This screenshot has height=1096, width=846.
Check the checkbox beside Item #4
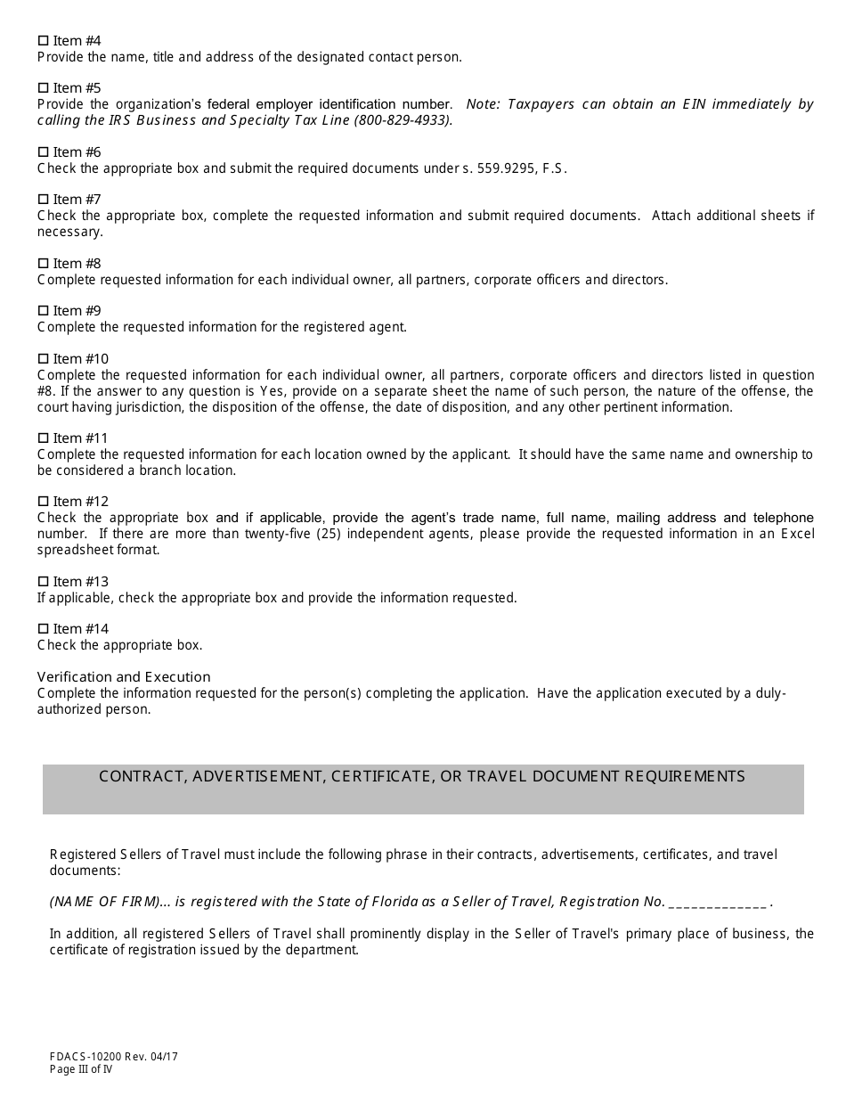coord(43,41)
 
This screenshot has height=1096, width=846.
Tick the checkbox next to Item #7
coord(43,200)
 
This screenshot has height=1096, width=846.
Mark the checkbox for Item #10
coord(43,359)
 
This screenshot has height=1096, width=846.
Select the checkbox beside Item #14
coord(43,629)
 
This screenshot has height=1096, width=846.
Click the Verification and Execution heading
coord(124,677)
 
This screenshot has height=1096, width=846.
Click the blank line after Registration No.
coord(717,902)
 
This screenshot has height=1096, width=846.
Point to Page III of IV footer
coord(81,1069)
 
